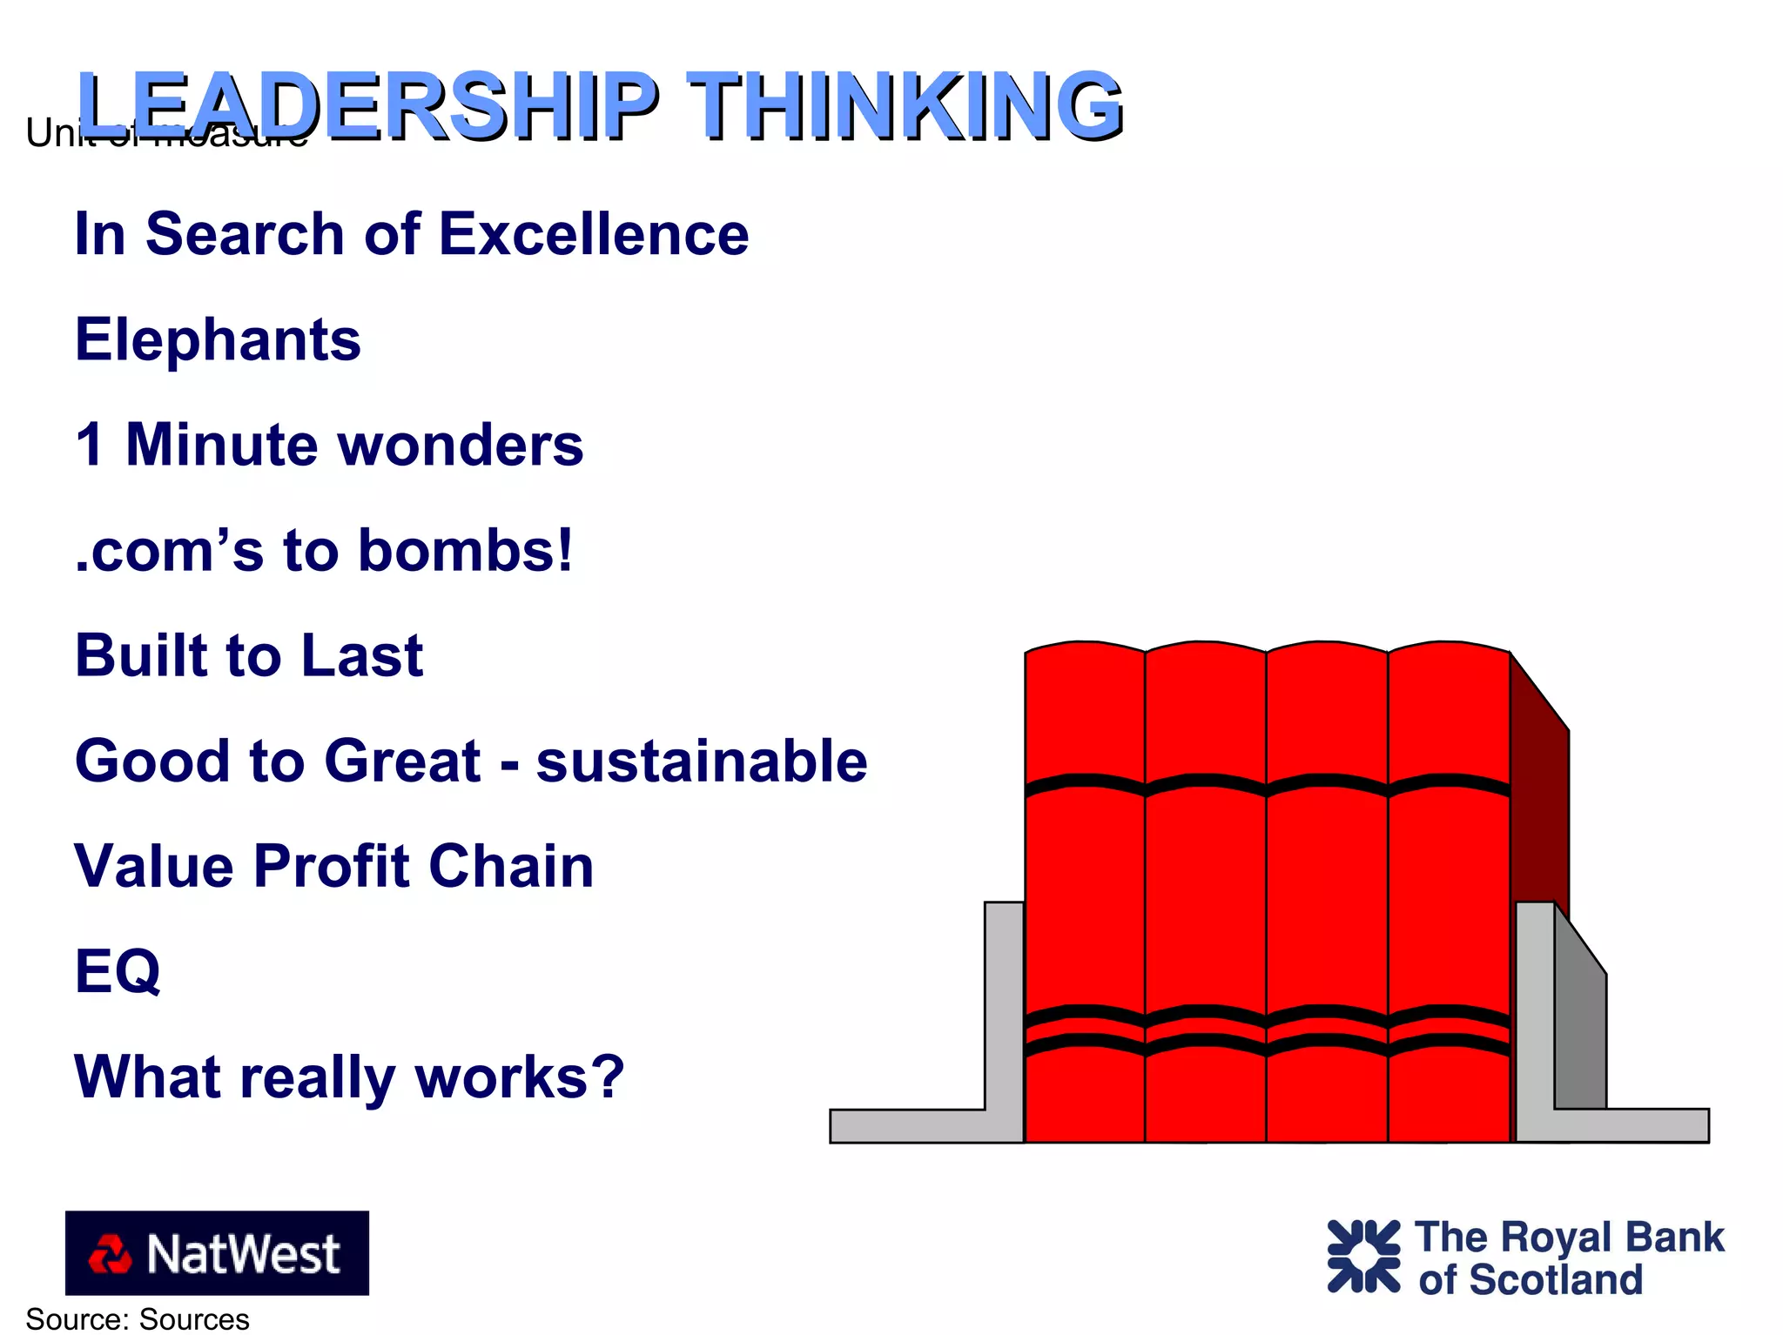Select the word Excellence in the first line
pyautogui.click(x=594, y=234)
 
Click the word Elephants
pyautogui.click(x=218, y=339)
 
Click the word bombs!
pyautogui.click(x=466, y=550)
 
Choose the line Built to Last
pyautogui.click(x=249, y=655)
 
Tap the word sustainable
pyautogui.click(x=702, y=761)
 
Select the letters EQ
pyautogui.click(x=118, y=971)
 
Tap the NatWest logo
pyautogui.click(x=217, y=1252)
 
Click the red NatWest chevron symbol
pyautogui.click(x=110, y=1254)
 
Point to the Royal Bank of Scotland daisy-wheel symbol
pyautogui.click(x=1363, y=1256)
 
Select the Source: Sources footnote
pyautogui.click(x=138, y=1319)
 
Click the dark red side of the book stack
pyautogui.click(x=1539, y=809)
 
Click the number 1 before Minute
pyautogui.click(x=90, y=445)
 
